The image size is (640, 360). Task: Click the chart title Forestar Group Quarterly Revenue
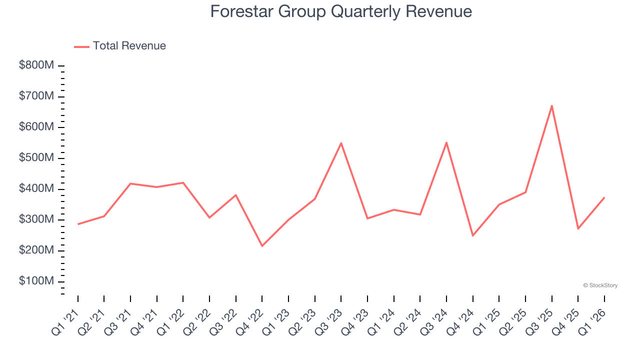click(x=340, y=11)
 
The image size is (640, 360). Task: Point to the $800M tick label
click(x=36, y=65)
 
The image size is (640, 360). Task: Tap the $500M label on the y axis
click(x=36, y=158)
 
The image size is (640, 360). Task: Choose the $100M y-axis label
click(x=36, y=281)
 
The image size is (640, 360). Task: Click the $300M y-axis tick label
click(x=36, y=220)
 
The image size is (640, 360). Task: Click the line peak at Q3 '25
click(x=551, y=105)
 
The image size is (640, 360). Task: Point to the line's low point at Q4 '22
click(x=262, y=246)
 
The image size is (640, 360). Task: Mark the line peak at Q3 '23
click(x=341, y=143)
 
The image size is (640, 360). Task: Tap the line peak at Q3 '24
click(x=446, y=142)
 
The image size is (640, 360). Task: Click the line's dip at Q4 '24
click(x=472, y=236)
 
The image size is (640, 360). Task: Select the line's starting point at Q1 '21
click(x=78, y=224)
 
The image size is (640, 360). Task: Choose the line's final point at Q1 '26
click(x=604, y=197)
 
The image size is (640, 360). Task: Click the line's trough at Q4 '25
click(x=578, y=229)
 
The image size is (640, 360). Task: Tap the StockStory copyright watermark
click(x=600, y=285)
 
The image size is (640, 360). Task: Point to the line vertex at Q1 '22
click(x=183, y=182)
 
